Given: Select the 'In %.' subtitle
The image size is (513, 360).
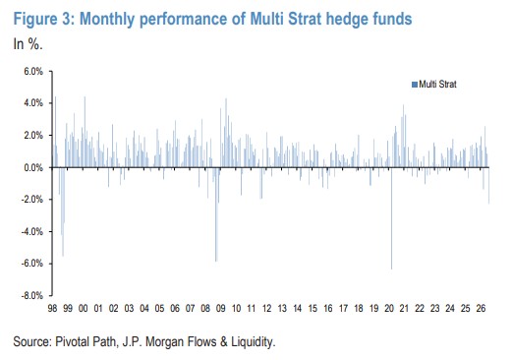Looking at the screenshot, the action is point(28,43).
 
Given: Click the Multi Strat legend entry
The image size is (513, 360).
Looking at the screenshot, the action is point(434,85).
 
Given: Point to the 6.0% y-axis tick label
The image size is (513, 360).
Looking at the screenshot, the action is point(33,71).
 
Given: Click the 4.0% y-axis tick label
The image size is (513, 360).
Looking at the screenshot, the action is point(33,103).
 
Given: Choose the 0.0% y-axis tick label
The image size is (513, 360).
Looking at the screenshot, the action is point(33,167).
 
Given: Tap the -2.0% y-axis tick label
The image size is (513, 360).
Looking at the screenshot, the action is point(32,200).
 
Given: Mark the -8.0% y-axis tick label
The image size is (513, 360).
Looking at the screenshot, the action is point(32,295).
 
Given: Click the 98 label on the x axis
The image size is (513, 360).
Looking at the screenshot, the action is point(52,309).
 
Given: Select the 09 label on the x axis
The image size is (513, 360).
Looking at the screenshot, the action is point(221,309).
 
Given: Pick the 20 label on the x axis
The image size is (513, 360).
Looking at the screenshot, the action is point(389,309).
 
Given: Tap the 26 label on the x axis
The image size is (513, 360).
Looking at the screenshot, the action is point(481,309).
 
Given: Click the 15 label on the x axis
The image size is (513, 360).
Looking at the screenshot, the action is point(313,309).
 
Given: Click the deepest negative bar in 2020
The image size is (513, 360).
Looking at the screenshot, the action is point(391,218).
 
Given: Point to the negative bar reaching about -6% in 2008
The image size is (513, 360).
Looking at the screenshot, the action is point(216,214).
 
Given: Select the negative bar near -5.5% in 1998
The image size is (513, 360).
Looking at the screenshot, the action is point(63,211).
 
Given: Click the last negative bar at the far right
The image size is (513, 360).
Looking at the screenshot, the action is point(488,186).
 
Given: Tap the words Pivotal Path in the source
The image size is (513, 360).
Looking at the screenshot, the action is point(85,342).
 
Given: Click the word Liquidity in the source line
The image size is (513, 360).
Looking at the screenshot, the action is point(254,342).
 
